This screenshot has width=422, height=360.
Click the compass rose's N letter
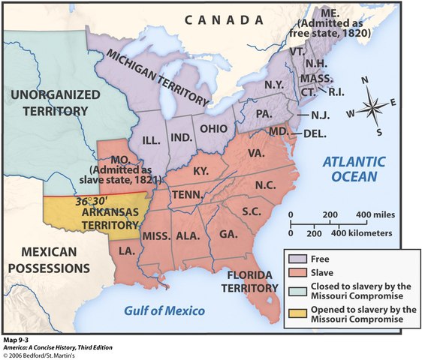click(x=365, y=80)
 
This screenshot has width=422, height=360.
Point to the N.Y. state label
click(x=275, y=85)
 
